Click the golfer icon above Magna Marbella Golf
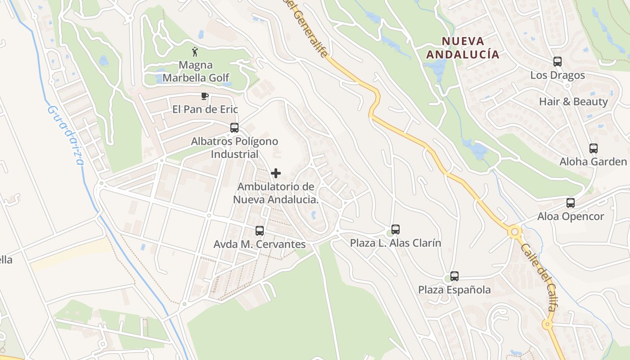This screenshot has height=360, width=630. click(195, 52)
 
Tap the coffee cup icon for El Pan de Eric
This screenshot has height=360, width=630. click(204, 96)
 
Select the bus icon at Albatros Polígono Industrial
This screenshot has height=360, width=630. click(234, 128)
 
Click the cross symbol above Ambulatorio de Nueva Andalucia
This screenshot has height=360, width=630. click(276, 173)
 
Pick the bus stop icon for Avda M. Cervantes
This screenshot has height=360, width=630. click(260, 231)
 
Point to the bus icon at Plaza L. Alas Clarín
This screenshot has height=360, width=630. click(396, 229)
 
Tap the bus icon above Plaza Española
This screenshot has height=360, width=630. click(454, 276)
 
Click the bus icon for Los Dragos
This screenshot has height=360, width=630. click(558, 62)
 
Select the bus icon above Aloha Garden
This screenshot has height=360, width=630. click(594, 148)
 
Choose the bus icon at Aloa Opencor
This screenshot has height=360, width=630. click(571, 203)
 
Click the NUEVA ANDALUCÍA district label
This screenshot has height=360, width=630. click(463, 48)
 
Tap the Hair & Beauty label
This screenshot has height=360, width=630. click(573, 102)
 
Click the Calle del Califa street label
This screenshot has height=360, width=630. click(539, 276)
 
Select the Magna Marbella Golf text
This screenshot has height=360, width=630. click(196, 71)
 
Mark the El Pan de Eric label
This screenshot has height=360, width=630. click(205, 109)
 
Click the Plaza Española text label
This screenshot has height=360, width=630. click(454, 290)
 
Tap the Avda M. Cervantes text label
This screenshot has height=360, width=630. click(260, 244)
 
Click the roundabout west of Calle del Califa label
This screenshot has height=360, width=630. click(515, 232)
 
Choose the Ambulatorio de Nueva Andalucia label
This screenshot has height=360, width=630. click(276, 193)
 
